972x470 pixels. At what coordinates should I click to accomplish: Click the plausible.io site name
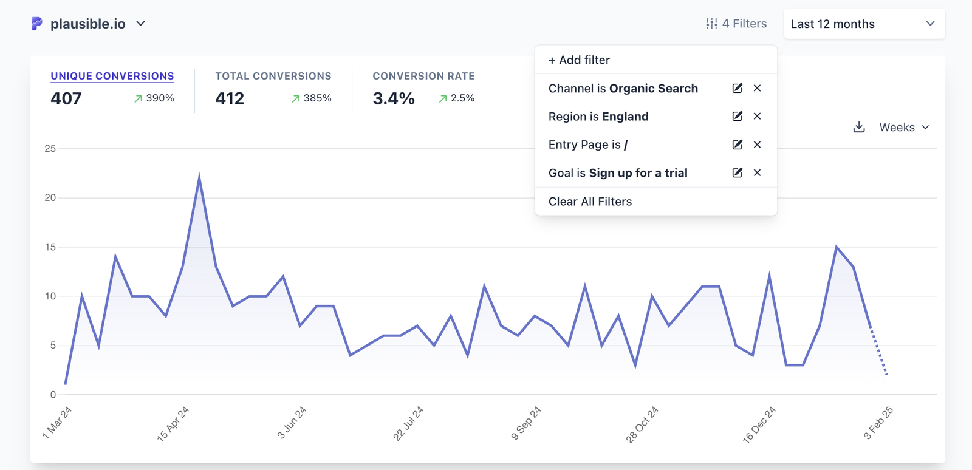point(87,24)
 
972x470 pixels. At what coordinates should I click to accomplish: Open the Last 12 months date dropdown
point(863,24)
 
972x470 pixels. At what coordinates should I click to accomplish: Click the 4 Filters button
point(736,24)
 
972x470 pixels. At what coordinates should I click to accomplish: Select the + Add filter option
point(579,60)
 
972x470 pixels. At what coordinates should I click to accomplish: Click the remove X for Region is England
point(757,116)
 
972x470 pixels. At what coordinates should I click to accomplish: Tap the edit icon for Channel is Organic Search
point(737,88)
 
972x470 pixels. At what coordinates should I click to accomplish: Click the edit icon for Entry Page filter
point(737,145)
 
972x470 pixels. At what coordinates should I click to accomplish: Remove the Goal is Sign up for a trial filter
point(757,172)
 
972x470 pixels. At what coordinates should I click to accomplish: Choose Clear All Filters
point(590,202)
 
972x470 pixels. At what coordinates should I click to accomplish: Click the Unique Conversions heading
point(112,76)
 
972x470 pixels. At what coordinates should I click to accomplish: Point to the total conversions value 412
point(230,98)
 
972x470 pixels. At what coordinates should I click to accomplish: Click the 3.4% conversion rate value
point(394,98)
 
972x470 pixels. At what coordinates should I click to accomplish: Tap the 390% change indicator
point(154,98)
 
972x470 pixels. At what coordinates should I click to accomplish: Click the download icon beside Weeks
point(858,127)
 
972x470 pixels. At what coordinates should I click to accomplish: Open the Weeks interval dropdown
point(904,128)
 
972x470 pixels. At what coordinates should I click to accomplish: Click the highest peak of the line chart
point(199,177)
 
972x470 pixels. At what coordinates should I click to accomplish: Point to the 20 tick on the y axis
point(50,197)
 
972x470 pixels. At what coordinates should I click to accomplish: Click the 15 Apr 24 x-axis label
point(173,423)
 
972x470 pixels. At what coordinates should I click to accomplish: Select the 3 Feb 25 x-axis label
point(878,423)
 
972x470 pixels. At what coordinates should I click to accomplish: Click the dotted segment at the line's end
point(878,352)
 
